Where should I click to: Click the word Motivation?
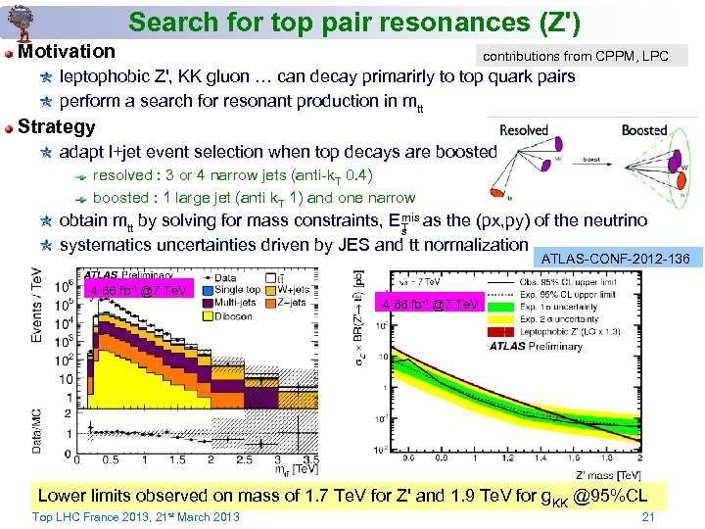click(67, 51)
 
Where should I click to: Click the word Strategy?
click(57, 126)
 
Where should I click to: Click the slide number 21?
click(646, 516)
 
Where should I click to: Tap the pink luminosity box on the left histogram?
click(138, 290)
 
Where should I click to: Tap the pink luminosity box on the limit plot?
click(432, 305)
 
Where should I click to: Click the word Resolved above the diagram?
click(524, 130)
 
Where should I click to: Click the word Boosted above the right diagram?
click(643, 130)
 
